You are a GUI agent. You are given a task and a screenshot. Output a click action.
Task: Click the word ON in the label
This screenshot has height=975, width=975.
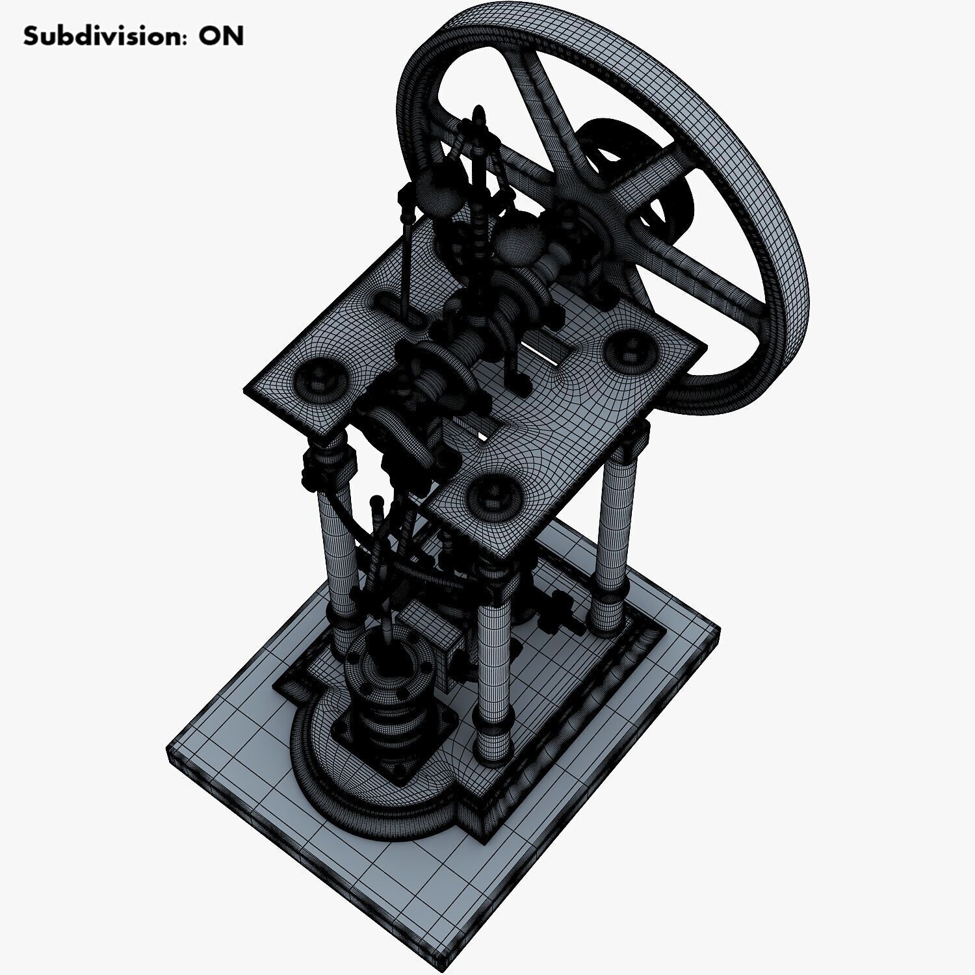221,36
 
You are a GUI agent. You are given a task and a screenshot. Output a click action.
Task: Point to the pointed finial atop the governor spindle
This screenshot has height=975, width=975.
480,115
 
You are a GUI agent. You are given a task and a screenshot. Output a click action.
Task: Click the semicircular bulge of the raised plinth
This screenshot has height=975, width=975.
351,786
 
